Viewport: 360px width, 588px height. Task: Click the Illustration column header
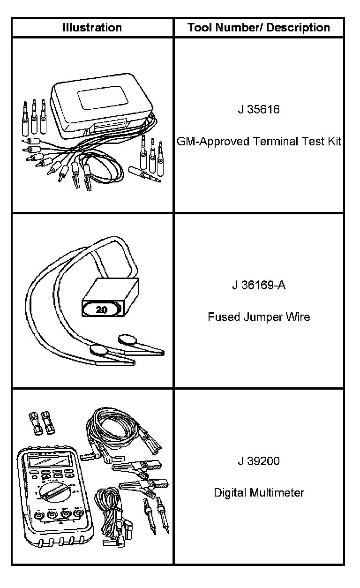coord(92,28)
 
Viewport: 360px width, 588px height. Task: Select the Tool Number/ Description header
coord(259,28)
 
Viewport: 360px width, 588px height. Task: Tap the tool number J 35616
coord(258,110)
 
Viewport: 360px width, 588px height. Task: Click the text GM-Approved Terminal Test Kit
coord(259,142)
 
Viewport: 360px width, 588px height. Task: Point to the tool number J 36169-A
coord(258,285)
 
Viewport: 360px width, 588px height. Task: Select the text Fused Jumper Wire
coord(259,317)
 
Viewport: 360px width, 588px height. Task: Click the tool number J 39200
coord(258,461)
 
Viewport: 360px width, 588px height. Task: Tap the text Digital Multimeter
coord(259,493)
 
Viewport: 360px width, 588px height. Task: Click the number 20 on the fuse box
coord(101,309)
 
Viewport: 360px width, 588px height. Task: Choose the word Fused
coord(224,317)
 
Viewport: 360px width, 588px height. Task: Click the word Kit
coord(334,142)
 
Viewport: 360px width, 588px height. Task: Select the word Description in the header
coord(298,28)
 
